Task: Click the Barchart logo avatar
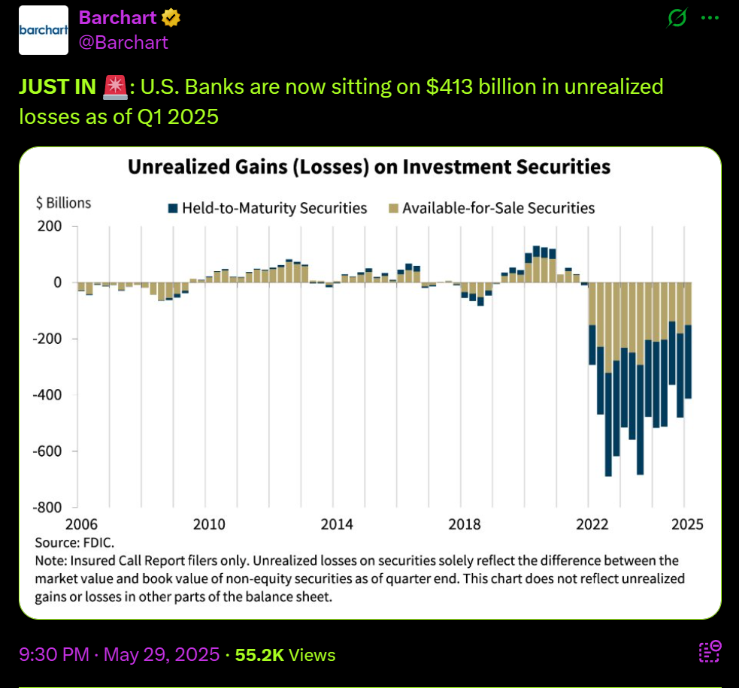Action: pyautogui.click(x=44, y=29)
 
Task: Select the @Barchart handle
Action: pyautogui.click(x=123, y=42)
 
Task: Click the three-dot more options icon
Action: pyautogui.click(x=709, y=18)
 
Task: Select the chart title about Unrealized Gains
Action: pyautogui.click(x=368, y=166)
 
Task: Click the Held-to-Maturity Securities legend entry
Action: pyautogui.click(x=267, y=207)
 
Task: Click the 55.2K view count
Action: pyautogui.click(x=259, y=655)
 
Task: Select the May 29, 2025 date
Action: pyautogui.click(x=162, y=655)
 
